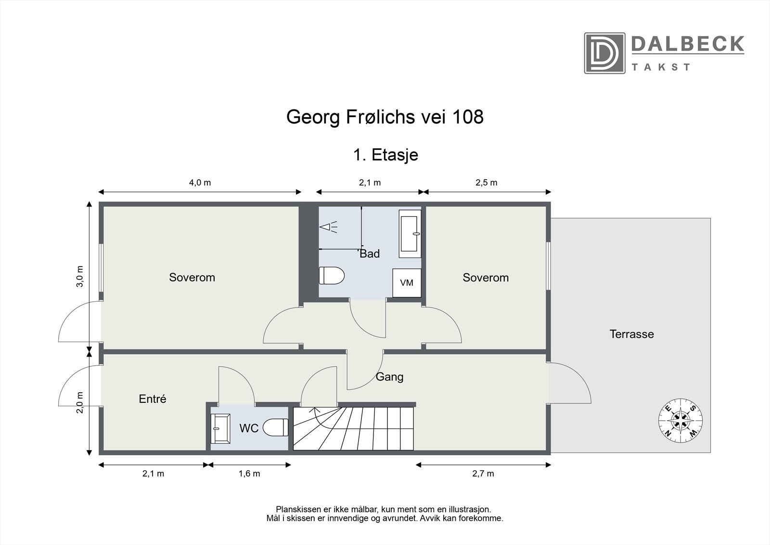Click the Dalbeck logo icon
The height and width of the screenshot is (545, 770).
click(x=604, y=53)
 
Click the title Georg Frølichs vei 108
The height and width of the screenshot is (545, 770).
click(x=385, y=117)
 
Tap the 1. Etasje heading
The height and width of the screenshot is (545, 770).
click(x=385, y=155)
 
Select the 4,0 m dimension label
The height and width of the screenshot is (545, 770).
click(x=200, y=183)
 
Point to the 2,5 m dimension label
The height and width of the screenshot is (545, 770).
click(x=486, y=183)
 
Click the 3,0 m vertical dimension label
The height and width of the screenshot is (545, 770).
click(x=80, y=276)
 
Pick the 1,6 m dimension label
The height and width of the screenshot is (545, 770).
click(x=249, y=473)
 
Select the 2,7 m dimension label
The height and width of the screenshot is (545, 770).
click(x=483, y=473)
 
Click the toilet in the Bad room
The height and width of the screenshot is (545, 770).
click(x=332, y=276)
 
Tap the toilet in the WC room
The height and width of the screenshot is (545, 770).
click(x=276, y=427)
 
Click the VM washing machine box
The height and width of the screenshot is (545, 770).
click(x=407, y=283)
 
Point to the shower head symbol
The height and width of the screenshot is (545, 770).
click(x=328, y=227)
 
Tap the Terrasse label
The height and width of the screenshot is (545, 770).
click(x=631, y=334)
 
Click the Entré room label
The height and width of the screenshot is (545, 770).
click(x=152, y=399)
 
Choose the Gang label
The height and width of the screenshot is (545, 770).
click(x=389, y=377)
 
